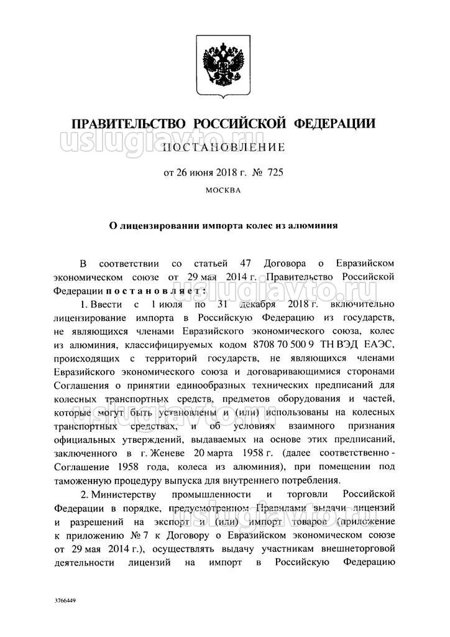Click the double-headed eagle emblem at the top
pyautogui.click(x=224, y=63)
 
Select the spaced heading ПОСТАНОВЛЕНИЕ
pyautogui.click(x=224, y=147)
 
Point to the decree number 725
pyautogui.click(x=274, y=171)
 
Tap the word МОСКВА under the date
pyautogui.click(x=223, y=191)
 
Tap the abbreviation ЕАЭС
pyautogui.click(x=382, y=345)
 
